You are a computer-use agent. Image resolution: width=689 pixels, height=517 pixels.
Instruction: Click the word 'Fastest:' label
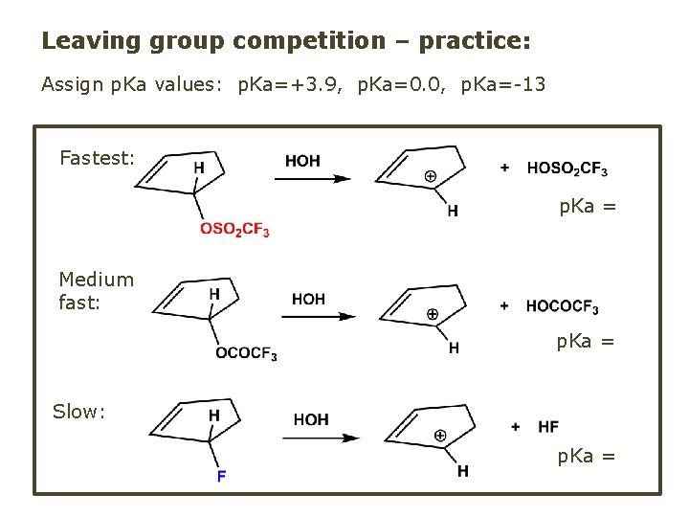pos(97,157)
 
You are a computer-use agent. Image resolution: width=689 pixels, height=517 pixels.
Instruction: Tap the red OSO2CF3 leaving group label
pos(234,229)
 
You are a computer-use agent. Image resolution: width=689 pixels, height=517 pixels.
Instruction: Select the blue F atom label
pos(221,476)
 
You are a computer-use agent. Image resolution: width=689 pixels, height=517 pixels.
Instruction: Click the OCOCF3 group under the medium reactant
pos(246,354)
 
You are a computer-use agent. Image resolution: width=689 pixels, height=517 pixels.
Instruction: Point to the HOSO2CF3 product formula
pos(567,169)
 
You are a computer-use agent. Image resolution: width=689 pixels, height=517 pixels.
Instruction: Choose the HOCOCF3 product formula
pos(562,306)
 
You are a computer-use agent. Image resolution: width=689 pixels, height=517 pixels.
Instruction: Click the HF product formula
pos(548,426)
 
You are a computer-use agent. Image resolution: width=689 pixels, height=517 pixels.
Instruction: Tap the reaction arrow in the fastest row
pos(317,178)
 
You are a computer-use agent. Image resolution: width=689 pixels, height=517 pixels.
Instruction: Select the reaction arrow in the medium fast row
pos(321,317)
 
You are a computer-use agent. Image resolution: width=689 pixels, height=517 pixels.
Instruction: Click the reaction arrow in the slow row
pos(325,438)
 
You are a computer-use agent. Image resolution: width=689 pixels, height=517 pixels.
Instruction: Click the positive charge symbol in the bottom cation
pos(440,436)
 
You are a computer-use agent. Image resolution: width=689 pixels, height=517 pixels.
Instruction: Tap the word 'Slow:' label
pos(78,412)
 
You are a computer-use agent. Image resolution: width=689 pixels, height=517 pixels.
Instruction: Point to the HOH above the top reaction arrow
pos(302,160)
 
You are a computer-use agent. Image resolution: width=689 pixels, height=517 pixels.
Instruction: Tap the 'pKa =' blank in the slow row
pos(586,456)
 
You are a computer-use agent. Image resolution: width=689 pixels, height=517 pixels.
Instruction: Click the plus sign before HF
pos(516,426)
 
